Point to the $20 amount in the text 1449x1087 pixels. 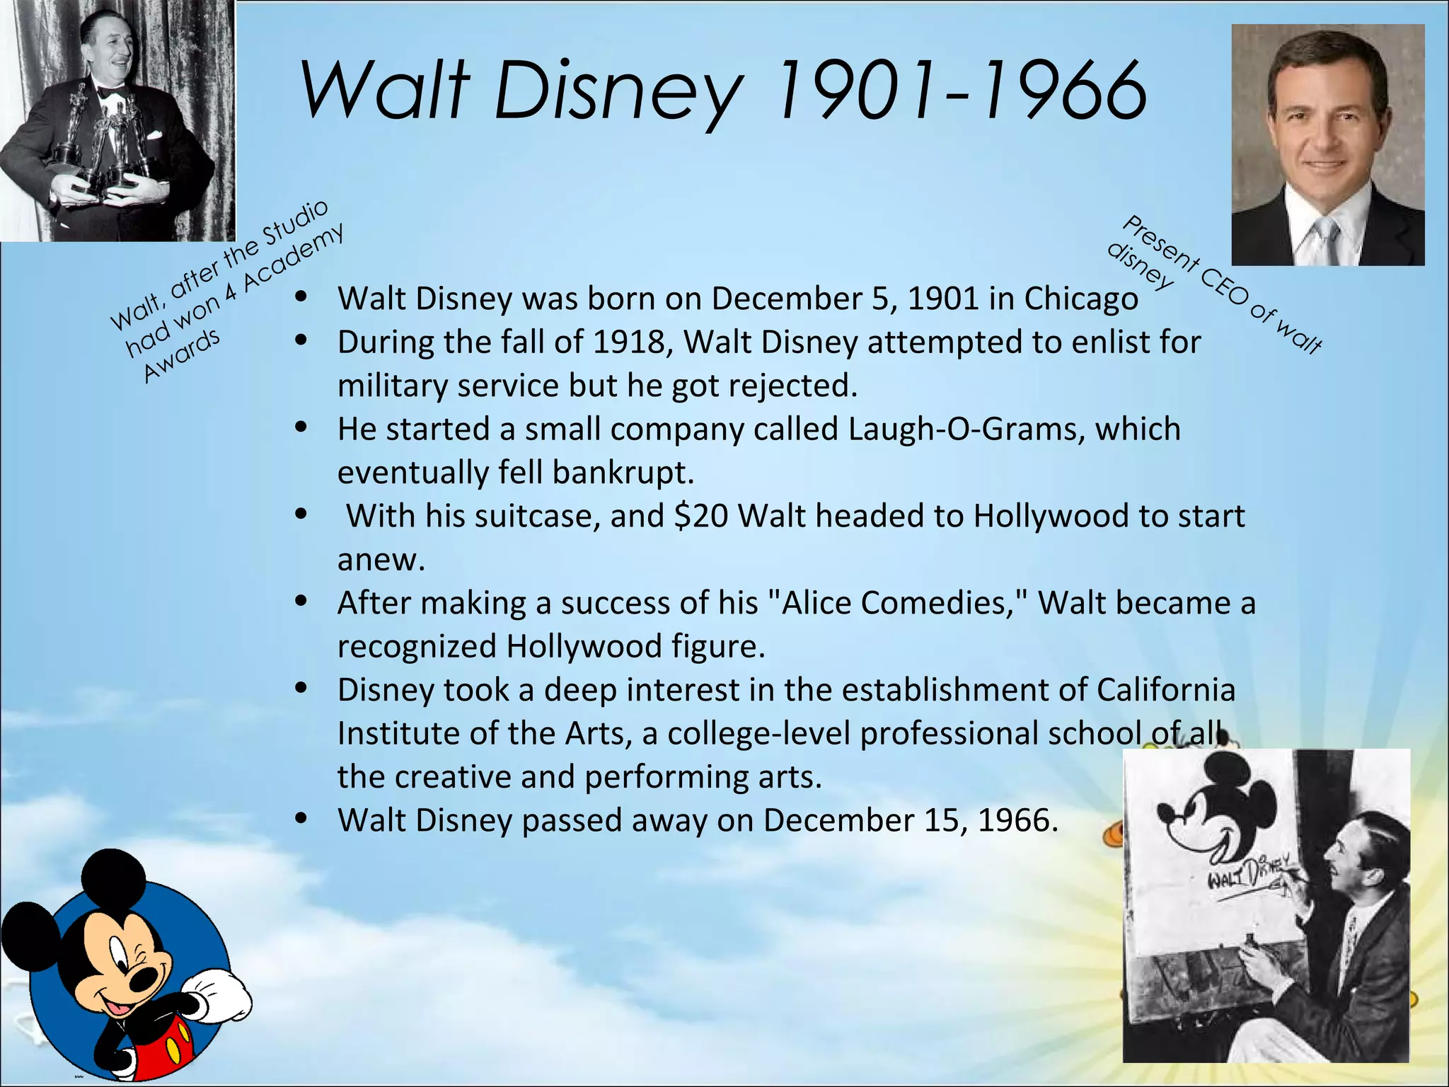701,516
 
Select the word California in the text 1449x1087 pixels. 1165,690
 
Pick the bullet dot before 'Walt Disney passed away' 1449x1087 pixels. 301,819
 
